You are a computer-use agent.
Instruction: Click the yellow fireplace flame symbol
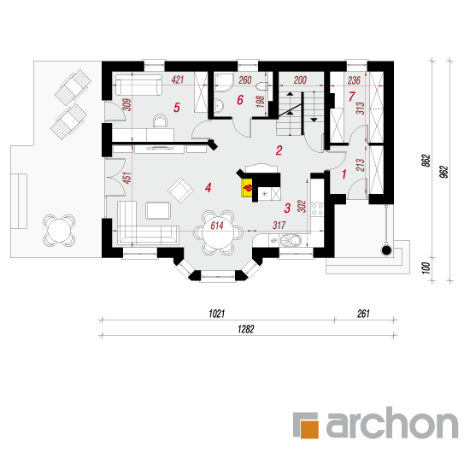point(248,188)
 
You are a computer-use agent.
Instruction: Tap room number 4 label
point(209,188)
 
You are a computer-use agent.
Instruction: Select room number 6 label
point(240,100)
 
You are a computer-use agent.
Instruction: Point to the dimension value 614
point(217,226)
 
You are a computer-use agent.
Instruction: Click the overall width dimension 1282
point(246,329)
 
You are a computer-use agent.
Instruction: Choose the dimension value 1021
point(217,314)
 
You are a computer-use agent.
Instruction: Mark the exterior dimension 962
point(445,172)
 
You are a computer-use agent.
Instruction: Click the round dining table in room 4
point(218,232)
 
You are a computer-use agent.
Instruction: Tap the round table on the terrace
point(59,230)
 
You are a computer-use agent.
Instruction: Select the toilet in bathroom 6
point(263,86)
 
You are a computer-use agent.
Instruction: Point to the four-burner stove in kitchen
point(317,209)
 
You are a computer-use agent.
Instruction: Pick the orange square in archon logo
point(309,429)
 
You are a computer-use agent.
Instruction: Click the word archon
point(392,423)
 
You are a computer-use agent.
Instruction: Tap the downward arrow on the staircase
point(314,120)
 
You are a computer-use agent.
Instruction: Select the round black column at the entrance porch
point(386,250)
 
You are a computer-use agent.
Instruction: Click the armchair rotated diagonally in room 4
point(181,190)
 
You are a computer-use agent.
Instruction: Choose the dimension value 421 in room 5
point(178,79)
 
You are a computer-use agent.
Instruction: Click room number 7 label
point(351,97)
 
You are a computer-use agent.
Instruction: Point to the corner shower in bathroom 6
point(224,82)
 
